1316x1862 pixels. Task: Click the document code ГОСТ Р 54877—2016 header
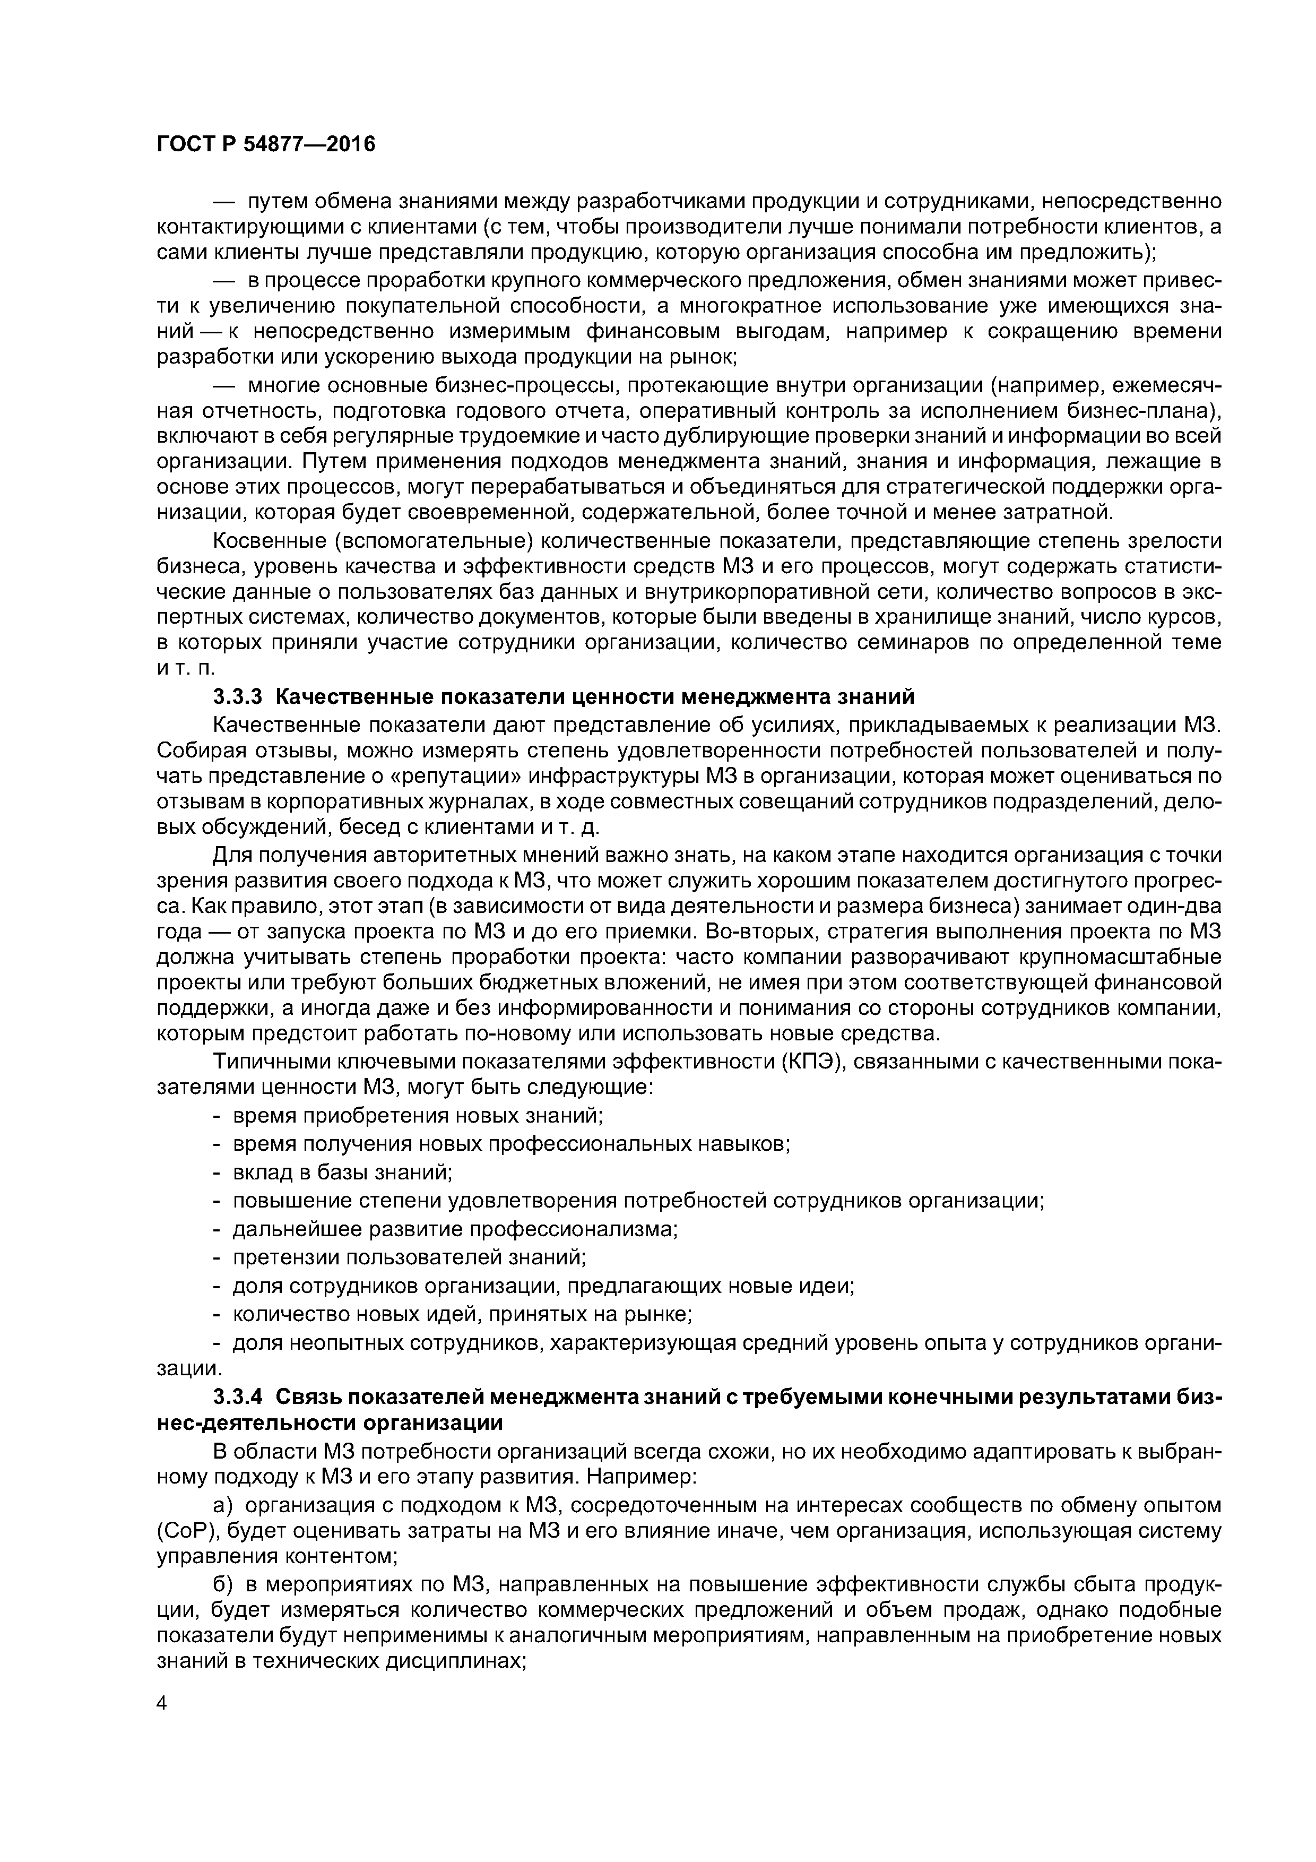pos(266,144)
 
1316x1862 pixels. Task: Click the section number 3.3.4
pos(238,1396)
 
